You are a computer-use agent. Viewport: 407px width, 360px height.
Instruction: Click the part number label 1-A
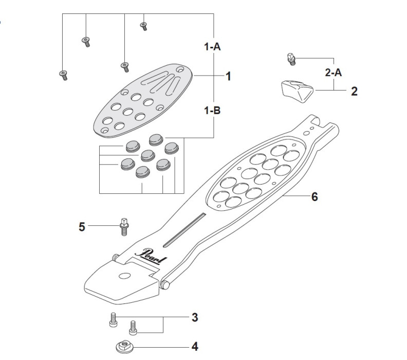[212, 47]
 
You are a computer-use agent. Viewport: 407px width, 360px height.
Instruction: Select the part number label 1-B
[212, 110]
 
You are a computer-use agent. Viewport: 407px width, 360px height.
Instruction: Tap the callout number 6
[314, 196]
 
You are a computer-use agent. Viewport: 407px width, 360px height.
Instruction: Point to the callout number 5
[82, 226]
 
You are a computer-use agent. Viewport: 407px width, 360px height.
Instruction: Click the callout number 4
[195, 346]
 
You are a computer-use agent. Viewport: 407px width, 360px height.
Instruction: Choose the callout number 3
[195, 317]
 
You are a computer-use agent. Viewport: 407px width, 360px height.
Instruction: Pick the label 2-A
[334, 73]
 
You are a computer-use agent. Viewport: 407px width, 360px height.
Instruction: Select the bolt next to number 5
[123, 226]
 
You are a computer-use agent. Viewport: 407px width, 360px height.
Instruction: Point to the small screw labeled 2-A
[291, 60]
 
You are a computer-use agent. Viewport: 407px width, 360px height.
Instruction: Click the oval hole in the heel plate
[124, 276]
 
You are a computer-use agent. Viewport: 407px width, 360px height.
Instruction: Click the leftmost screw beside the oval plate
[62, 75]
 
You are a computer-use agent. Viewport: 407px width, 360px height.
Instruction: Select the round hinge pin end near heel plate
[165, 283]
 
